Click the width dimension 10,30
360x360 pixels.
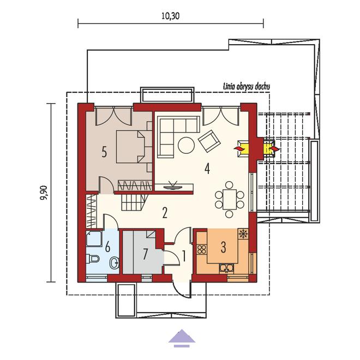(170, 16)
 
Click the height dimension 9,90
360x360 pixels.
(44, 193)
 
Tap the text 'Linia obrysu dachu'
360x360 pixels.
(247, 87)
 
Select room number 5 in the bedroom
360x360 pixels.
(104, 152)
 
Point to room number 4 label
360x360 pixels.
(207, 169)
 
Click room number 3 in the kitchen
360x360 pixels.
(223, 247)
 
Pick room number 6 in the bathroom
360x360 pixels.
(107, 247)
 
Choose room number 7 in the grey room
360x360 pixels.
(145, 254)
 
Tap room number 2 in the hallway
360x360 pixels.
(165, 213)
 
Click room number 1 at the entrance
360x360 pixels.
(184, 256)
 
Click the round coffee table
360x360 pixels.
(186, 145)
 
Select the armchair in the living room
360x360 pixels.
(209, 141)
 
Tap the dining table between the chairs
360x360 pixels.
(229, 199)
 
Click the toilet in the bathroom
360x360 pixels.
(93, 259)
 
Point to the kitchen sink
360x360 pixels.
(226, 268)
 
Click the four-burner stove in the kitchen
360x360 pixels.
(202, 249)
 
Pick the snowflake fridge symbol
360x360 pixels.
(242, 233)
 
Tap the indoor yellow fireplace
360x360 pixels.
(242, 149)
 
